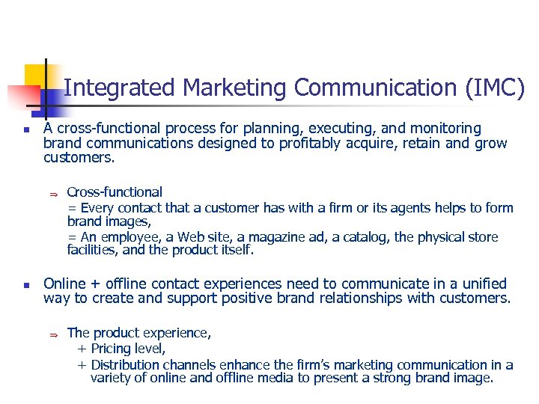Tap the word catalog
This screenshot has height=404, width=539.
pos(363,237)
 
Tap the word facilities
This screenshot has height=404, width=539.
pos(91,251)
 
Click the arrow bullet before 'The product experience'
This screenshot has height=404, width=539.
pos(53,334)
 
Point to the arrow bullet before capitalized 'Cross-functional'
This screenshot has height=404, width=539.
pos(53,194)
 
